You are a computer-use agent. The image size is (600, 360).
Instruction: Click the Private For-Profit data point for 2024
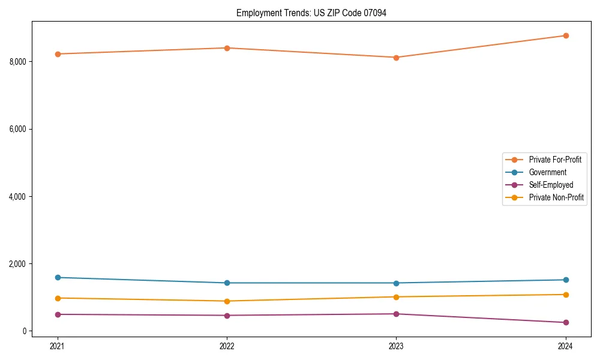[x=565, y=35]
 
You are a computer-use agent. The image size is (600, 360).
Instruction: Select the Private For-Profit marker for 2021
[x=58, y=54]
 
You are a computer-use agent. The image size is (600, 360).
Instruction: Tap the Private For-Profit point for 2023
[x=396, y=58]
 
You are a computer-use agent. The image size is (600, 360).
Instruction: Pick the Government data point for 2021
[x=58, y=277]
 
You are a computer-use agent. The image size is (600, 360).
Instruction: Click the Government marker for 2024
[x=565, y=280]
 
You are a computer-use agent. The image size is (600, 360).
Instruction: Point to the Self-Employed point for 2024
[x=565, y=322]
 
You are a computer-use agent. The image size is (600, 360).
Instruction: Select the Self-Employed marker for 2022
[x=227, y=315]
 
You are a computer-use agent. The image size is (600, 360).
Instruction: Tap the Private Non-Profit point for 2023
[x=396, y=296]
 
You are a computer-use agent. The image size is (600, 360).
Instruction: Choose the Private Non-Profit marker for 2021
[x=58, y=298]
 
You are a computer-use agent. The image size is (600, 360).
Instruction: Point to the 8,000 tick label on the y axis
[x=18, y=62]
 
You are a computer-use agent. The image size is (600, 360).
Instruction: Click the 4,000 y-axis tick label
[x=18, y=197]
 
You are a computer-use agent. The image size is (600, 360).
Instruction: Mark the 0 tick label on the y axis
[x=25, y=331]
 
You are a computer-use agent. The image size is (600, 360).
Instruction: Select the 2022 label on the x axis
[x=227, y=346]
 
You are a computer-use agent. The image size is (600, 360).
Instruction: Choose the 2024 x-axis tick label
[x=565, y=346]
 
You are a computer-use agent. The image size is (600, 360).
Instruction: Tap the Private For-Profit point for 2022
[x=227, y=48]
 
